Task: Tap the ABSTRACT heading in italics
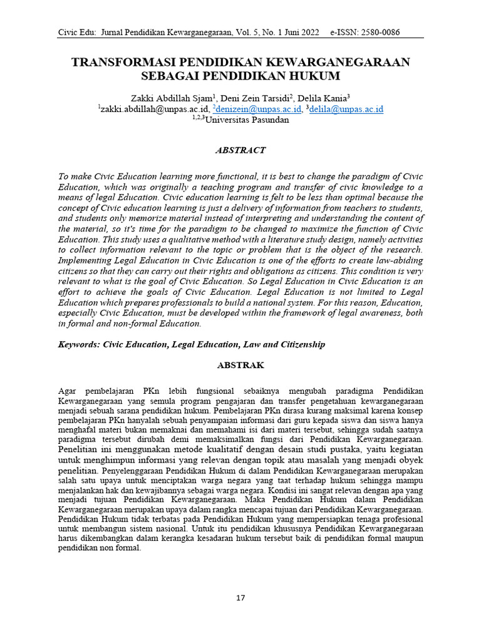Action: [x=240, y=150]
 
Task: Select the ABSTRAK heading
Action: [x=240, y=364]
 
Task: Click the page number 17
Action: [x=240, y=598]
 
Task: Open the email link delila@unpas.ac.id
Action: [x=346, y=109]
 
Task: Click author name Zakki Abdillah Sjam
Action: [x=170, y=98]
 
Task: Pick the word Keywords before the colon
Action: [x=80, y=344]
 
